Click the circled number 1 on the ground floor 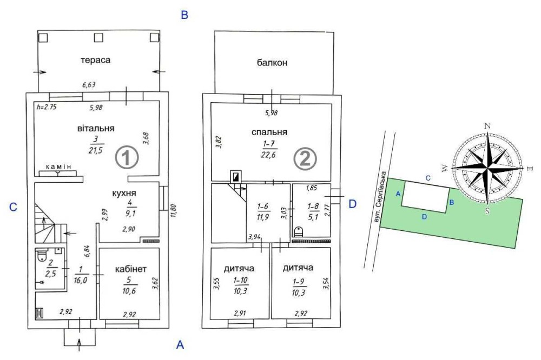coord(127,157)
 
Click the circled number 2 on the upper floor coord(305,158)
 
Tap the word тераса coord(96,60)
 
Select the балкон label coord(272,62)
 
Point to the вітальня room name coord(96,128)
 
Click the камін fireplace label coord(59,166)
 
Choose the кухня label coord(124,193)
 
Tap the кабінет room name coord(131,269)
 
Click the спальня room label coord(269,132)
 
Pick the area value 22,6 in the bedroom coord(268,155)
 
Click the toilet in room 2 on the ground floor coord(42,255)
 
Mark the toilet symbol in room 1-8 coord(298,231)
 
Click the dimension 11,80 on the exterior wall coord(173,211)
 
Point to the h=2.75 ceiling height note coord(47,107)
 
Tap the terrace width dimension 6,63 coord(89,84)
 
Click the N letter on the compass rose coord(487,126)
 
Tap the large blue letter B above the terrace coord(184,15)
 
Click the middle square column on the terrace coord(98,38)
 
